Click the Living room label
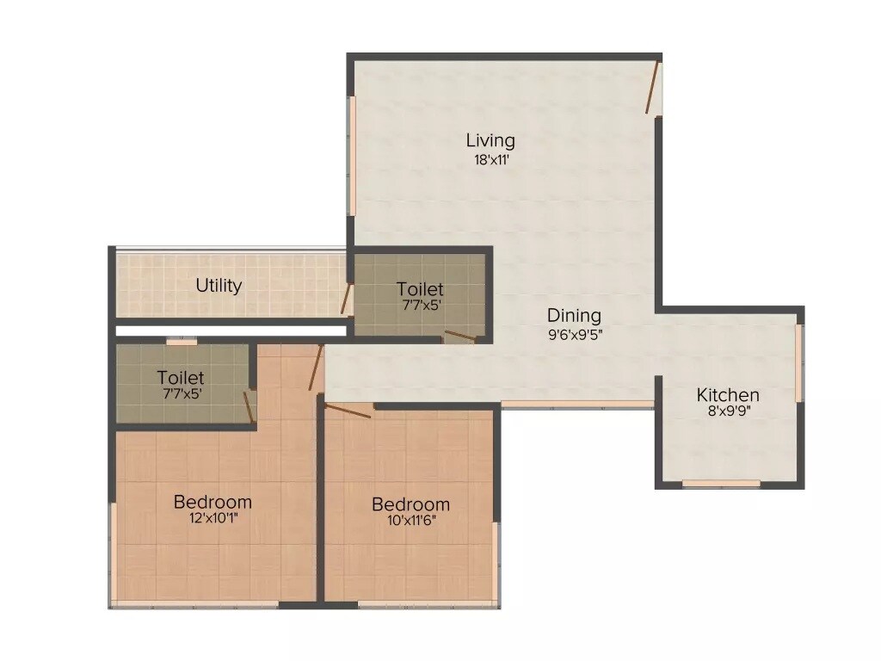click(x=490, y=140)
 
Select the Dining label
click(x=574, y=316)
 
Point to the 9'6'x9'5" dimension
click(x=574, y=335)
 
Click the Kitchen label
click(x=728, y=395)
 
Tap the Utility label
click(x=219, y=286)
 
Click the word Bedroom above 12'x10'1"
click(x=213, y=502)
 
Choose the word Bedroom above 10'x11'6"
click(x=410, y=504)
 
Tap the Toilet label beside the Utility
click(x=420, y=289)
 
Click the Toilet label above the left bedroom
click(x=181, y=378)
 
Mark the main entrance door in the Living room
click(x=653, y=87)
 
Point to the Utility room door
click(x=346, y=298)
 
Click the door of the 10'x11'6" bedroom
click(x=348, y=410)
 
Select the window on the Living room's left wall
click(x=351, y=155)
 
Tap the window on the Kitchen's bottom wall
click(x=721, y=484)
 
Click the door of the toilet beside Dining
click(x=460, y=337)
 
